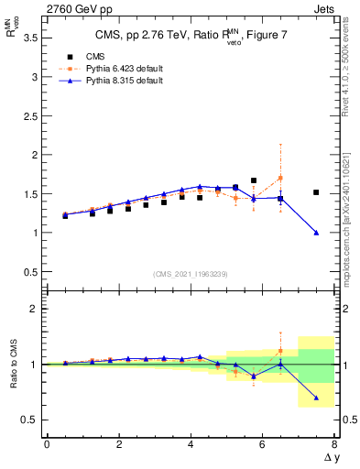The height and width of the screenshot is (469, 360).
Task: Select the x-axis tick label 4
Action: [x=191, y=444]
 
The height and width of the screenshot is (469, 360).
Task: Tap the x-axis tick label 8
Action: [x=334, y=444]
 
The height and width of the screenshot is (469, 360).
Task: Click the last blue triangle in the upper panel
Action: [x=316, y=233]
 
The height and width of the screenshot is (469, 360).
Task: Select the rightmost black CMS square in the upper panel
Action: [x=316, y=192]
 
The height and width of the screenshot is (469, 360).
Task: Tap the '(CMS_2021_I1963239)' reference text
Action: [x=191, y=274]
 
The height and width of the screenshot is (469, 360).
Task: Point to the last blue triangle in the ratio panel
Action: [x=316, y=398]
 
